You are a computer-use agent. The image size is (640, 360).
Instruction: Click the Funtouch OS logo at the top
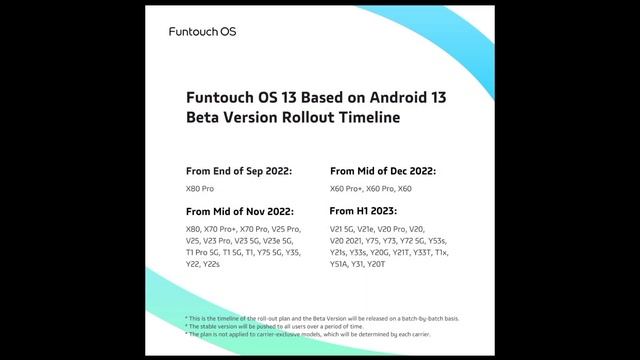tap(202, 32)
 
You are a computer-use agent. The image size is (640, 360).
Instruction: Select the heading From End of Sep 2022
tap(239, 171)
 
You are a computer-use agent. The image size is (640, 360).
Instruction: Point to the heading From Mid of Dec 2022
tap(383, 171)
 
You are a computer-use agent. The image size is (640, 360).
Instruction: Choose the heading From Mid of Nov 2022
tap(240, 212)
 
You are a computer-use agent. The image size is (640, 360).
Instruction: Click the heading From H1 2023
tap(363, 212)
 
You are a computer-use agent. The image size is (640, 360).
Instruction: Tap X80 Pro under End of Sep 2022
tap(200, 188)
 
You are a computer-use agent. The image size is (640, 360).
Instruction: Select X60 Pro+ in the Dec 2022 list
tap(345, 188)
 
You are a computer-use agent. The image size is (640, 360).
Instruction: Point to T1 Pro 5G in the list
tap(203, 252)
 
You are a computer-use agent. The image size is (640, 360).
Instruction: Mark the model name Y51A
tap(341, 264)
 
